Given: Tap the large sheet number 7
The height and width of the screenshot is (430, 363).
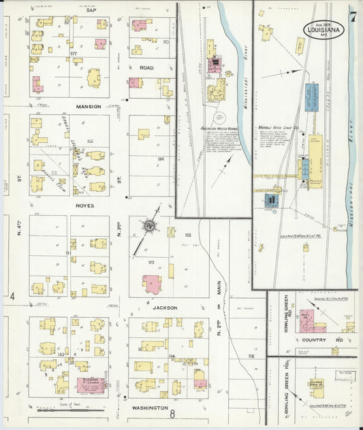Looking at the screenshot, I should [x=352, y=16].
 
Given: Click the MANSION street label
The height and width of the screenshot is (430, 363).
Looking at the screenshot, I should [x=89, y=107].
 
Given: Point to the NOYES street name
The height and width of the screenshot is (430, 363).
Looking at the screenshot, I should [x=85, y=205].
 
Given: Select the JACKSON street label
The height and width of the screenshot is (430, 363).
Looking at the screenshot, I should [x=164, y=308].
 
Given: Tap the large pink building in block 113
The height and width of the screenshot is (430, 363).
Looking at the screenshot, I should [x=152, y=284].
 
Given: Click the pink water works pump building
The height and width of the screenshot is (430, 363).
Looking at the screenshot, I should [x=215, y=65].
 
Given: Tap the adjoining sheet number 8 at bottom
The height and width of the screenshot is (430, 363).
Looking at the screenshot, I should [x=173, y=414].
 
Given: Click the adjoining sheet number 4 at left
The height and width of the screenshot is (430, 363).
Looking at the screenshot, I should [x=12, y=297].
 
